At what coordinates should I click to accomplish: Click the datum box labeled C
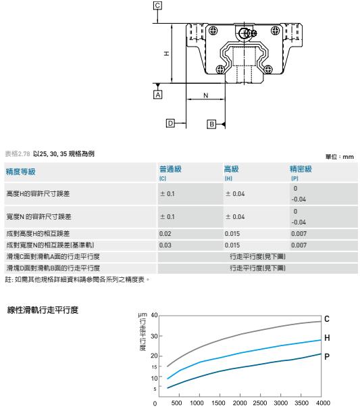[x=157, y=5]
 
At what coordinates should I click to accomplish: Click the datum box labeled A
[x=157, y=95]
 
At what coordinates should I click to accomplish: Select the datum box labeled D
[x=170, y=123]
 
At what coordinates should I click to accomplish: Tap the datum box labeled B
[x=211, y=124]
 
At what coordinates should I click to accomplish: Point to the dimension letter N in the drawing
[x=206, y=95]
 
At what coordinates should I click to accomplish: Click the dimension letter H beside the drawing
[x=166, y=53]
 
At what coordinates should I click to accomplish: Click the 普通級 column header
[x=170, y=169]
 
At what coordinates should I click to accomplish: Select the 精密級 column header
[x=301, y=169]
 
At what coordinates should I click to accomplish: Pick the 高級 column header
[x=232, y=169]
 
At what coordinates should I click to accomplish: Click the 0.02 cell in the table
[x=165, y=234]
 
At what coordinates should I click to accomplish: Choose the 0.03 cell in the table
[x=165, y=245]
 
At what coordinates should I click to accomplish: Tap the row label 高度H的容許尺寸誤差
[x=38, y=193]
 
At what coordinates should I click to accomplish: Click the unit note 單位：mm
[x=340, y=157]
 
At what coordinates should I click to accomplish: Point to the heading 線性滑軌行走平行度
[x=43, y=310]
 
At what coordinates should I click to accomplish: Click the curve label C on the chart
[x=327, y=318]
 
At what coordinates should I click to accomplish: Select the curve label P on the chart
[x=327, y=357]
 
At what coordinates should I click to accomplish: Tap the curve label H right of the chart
[x=327, y=337]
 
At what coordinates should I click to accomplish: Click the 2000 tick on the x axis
[x=239, y=402]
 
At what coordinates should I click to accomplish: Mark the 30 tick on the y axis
[x=154, y=336]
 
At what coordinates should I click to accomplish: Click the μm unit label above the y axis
[x=143, y=315]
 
